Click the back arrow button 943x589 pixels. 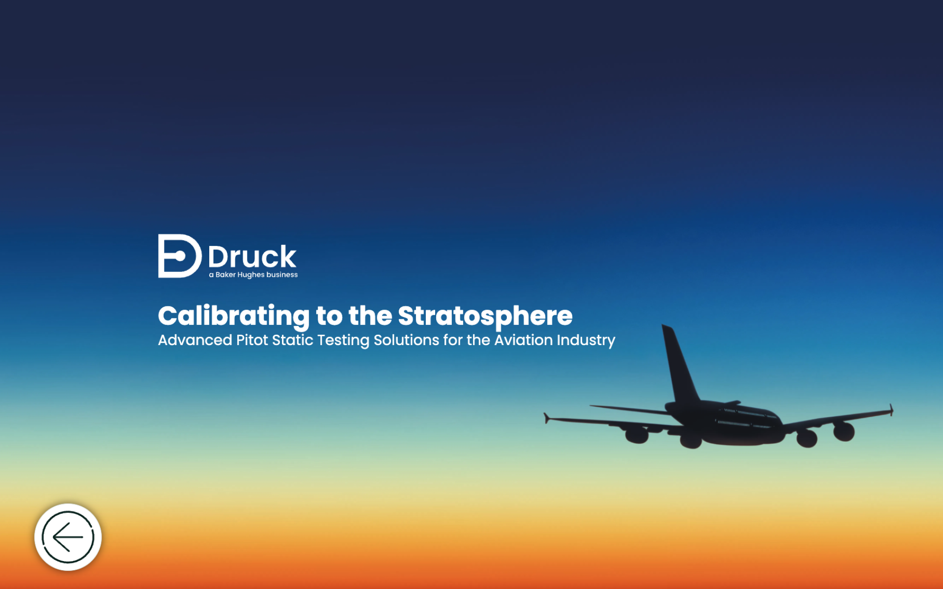tap(68, 537)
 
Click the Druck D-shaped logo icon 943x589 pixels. tap(180, 256)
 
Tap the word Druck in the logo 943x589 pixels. tap(252, 256)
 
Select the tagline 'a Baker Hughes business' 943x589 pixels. tap(253, 275)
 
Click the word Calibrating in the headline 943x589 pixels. tap(234, 316)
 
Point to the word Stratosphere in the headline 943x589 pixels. tap(485, 316)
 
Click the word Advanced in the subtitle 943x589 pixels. tap(195, 340)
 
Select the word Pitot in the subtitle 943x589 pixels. tap(252, 340)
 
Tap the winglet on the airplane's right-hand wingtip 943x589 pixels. tap(891, 410)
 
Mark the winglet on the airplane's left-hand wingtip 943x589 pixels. tap(546, 418)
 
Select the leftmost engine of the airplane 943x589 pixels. tap(637, 434)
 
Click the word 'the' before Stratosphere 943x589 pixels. tap(370, 316)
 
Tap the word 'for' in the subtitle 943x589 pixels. tap(453, 340)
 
